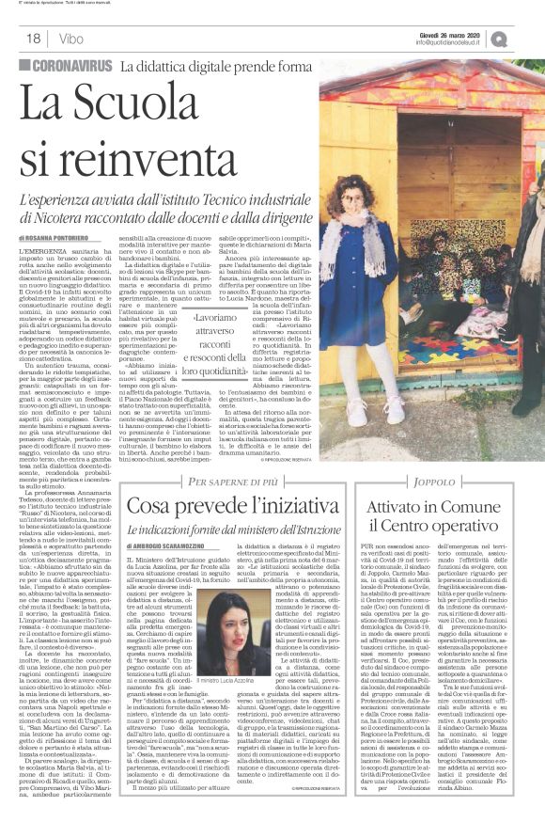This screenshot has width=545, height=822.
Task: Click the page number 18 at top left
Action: [x=33, y=39]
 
